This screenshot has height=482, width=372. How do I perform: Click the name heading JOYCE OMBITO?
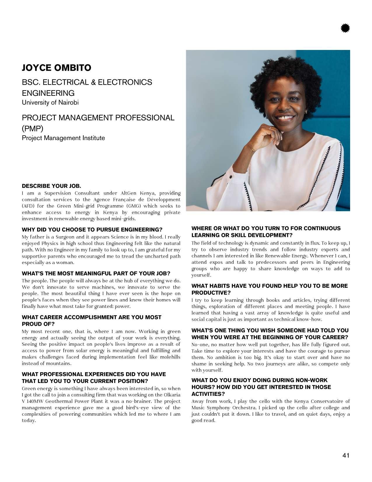pyautogui.click(x=57, y=68)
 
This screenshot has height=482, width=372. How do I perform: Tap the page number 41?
pyautogui.click(x=346, y=455)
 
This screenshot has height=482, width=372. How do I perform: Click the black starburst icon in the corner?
pyautogui.click(x=345, y=28)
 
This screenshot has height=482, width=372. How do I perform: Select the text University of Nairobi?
pyautogui.click(x=50, y=103)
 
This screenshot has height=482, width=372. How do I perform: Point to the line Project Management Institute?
pyautogui.click(x=63, y=138)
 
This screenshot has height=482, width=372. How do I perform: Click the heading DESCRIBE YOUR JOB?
pyautogui.click(x=51, y=186)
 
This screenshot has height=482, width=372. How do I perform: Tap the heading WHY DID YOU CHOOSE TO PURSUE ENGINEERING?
pyautogui.click(x=92, y=230)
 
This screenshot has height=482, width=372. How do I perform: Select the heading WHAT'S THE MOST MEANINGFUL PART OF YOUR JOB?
pyautogui.click(x=96, y=273)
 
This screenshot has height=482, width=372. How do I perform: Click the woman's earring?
pyautogui.click(x=306, y=112)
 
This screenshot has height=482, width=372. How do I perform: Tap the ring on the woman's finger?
pyautogui.click(x=270, y=128)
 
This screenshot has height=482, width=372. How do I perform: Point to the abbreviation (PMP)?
pyautogui.click(x=32, y=129)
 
